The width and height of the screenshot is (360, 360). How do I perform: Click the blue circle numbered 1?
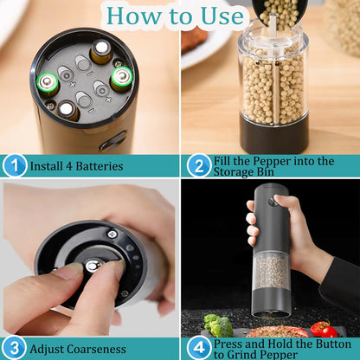(x=14, y=165)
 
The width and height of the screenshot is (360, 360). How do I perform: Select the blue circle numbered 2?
(x=197, y=165)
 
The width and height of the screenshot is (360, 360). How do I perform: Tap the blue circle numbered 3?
(x=14, y=348)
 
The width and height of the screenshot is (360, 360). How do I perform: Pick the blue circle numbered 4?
(x=197, y=348)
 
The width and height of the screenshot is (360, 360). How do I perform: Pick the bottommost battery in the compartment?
(x=68, y=109)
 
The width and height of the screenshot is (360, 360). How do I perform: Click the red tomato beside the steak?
(x=322, y=329)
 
